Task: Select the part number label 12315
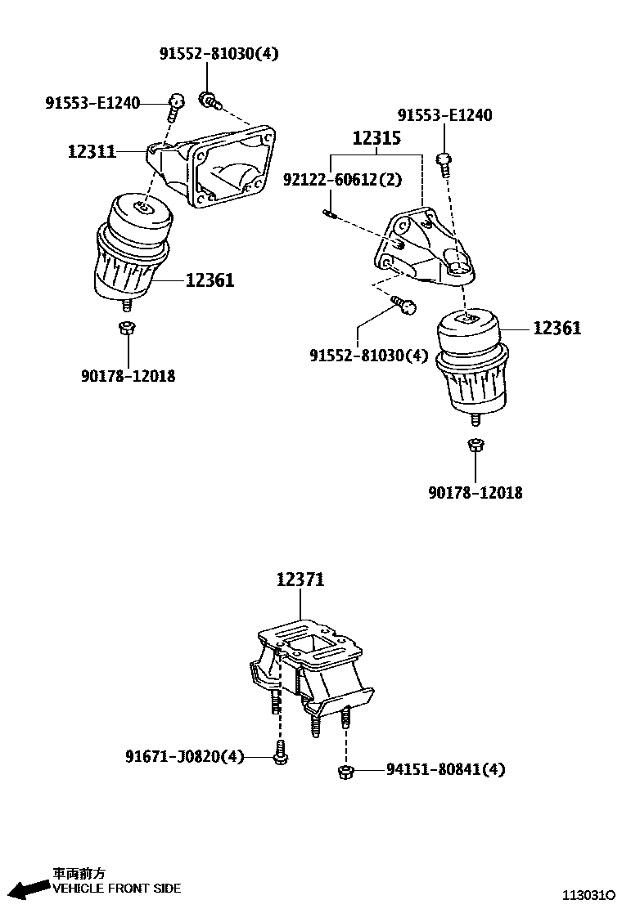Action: [x=376, y=138]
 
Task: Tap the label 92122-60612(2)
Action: [x=342, y=179]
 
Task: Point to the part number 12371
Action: [x=300, y=580]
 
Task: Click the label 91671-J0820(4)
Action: [x=184, y=757]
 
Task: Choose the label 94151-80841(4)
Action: [x=446, y=769]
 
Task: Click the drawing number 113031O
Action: [x=588, y=896]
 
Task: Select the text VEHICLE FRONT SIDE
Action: [x=116, y=889]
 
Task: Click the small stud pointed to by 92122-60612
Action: [x=331, y=215]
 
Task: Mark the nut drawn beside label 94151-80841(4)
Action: [x=345, y=770]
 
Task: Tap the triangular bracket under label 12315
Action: [x=421, y=249]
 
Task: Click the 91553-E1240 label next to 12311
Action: [x=92, y=103]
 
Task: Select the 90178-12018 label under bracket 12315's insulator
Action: [x=476, y=492]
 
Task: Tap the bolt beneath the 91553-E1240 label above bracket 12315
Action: [x=444, y=163]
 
